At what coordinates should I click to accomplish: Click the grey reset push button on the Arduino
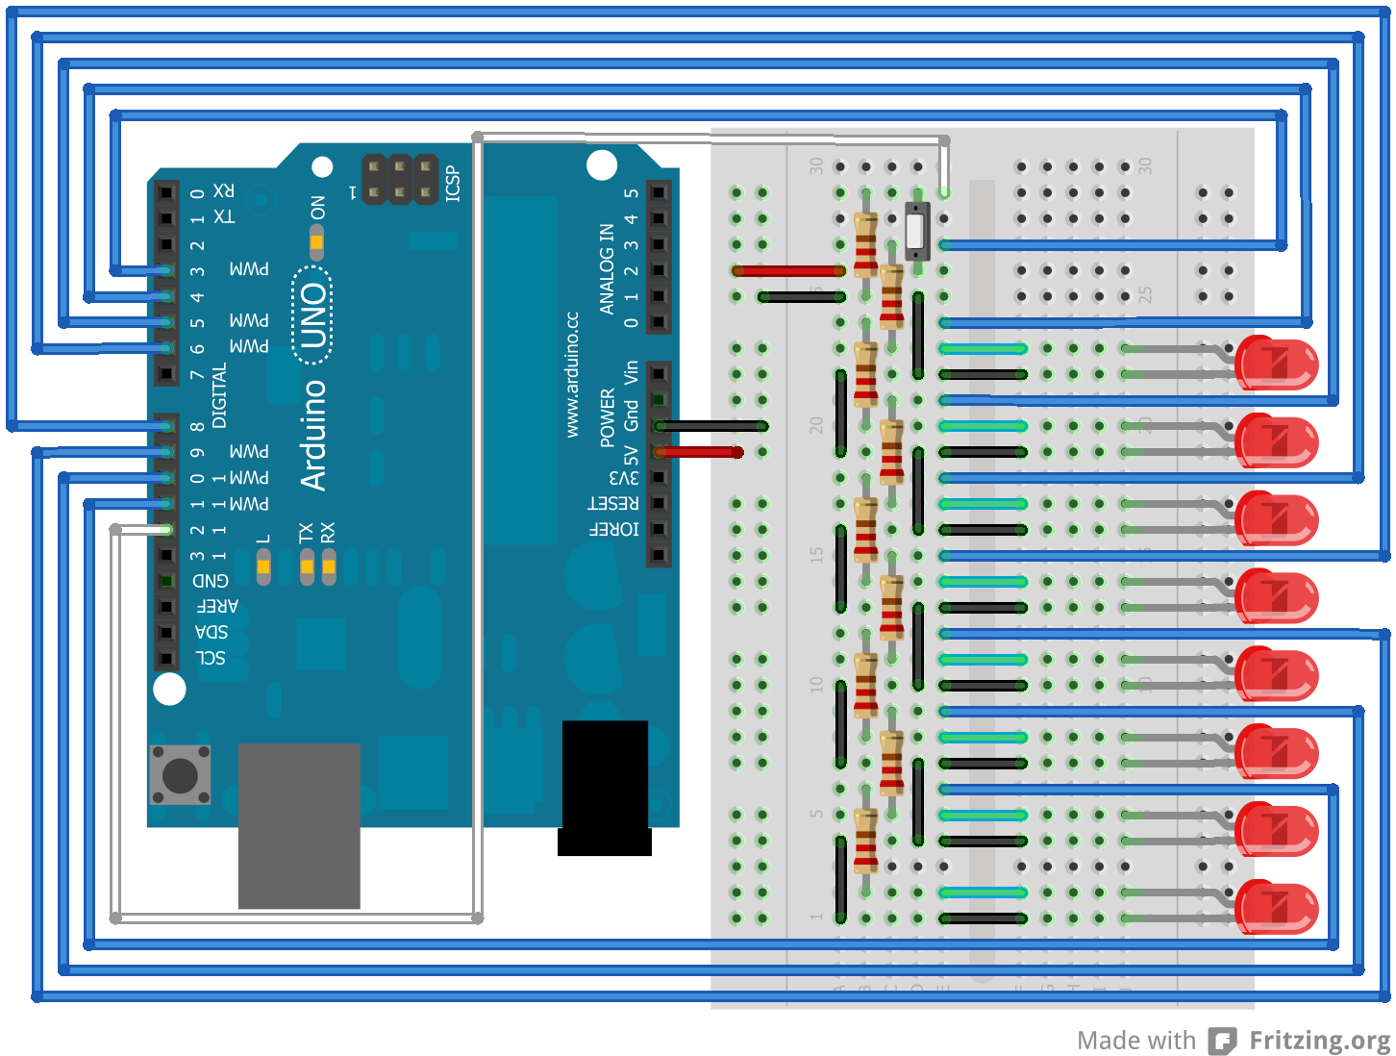click(180, 774)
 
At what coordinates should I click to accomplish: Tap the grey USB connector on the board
click(299, 825)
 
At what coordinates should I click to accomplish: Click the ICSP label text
click(453, 184)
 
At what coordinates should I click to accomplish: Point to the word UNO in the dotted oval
click(312, 316)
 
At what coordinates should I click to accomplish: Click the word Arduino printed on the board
click(313, 435)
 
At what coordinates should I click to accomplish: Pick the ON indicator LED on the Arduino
click(316, 241)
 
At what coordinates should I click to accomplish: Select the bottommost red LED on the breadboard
click(1277, 907)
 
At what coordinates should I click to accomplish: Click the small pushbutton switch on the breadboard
click(917, 232)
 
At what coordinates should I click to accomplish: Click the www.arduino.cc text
click(572, 374)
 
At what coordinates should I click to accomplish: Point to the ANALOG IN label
click(607, 268)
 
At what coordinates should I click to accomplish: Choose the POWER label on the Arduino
click(608, 417)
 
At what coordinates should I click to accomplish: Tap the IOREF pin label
click(613, 529)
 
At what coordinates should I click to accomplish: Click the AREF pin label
click(217, 606)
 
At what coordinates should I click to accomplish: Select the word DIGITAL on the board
click(219, 395)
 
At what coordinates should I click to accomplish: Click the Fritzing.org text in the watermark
click(1319, 1041)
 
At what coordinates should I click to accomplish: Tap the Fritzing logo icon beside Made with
click(1222, 1041)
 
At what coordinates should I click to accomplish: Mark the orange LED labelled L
click(263, 567)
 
